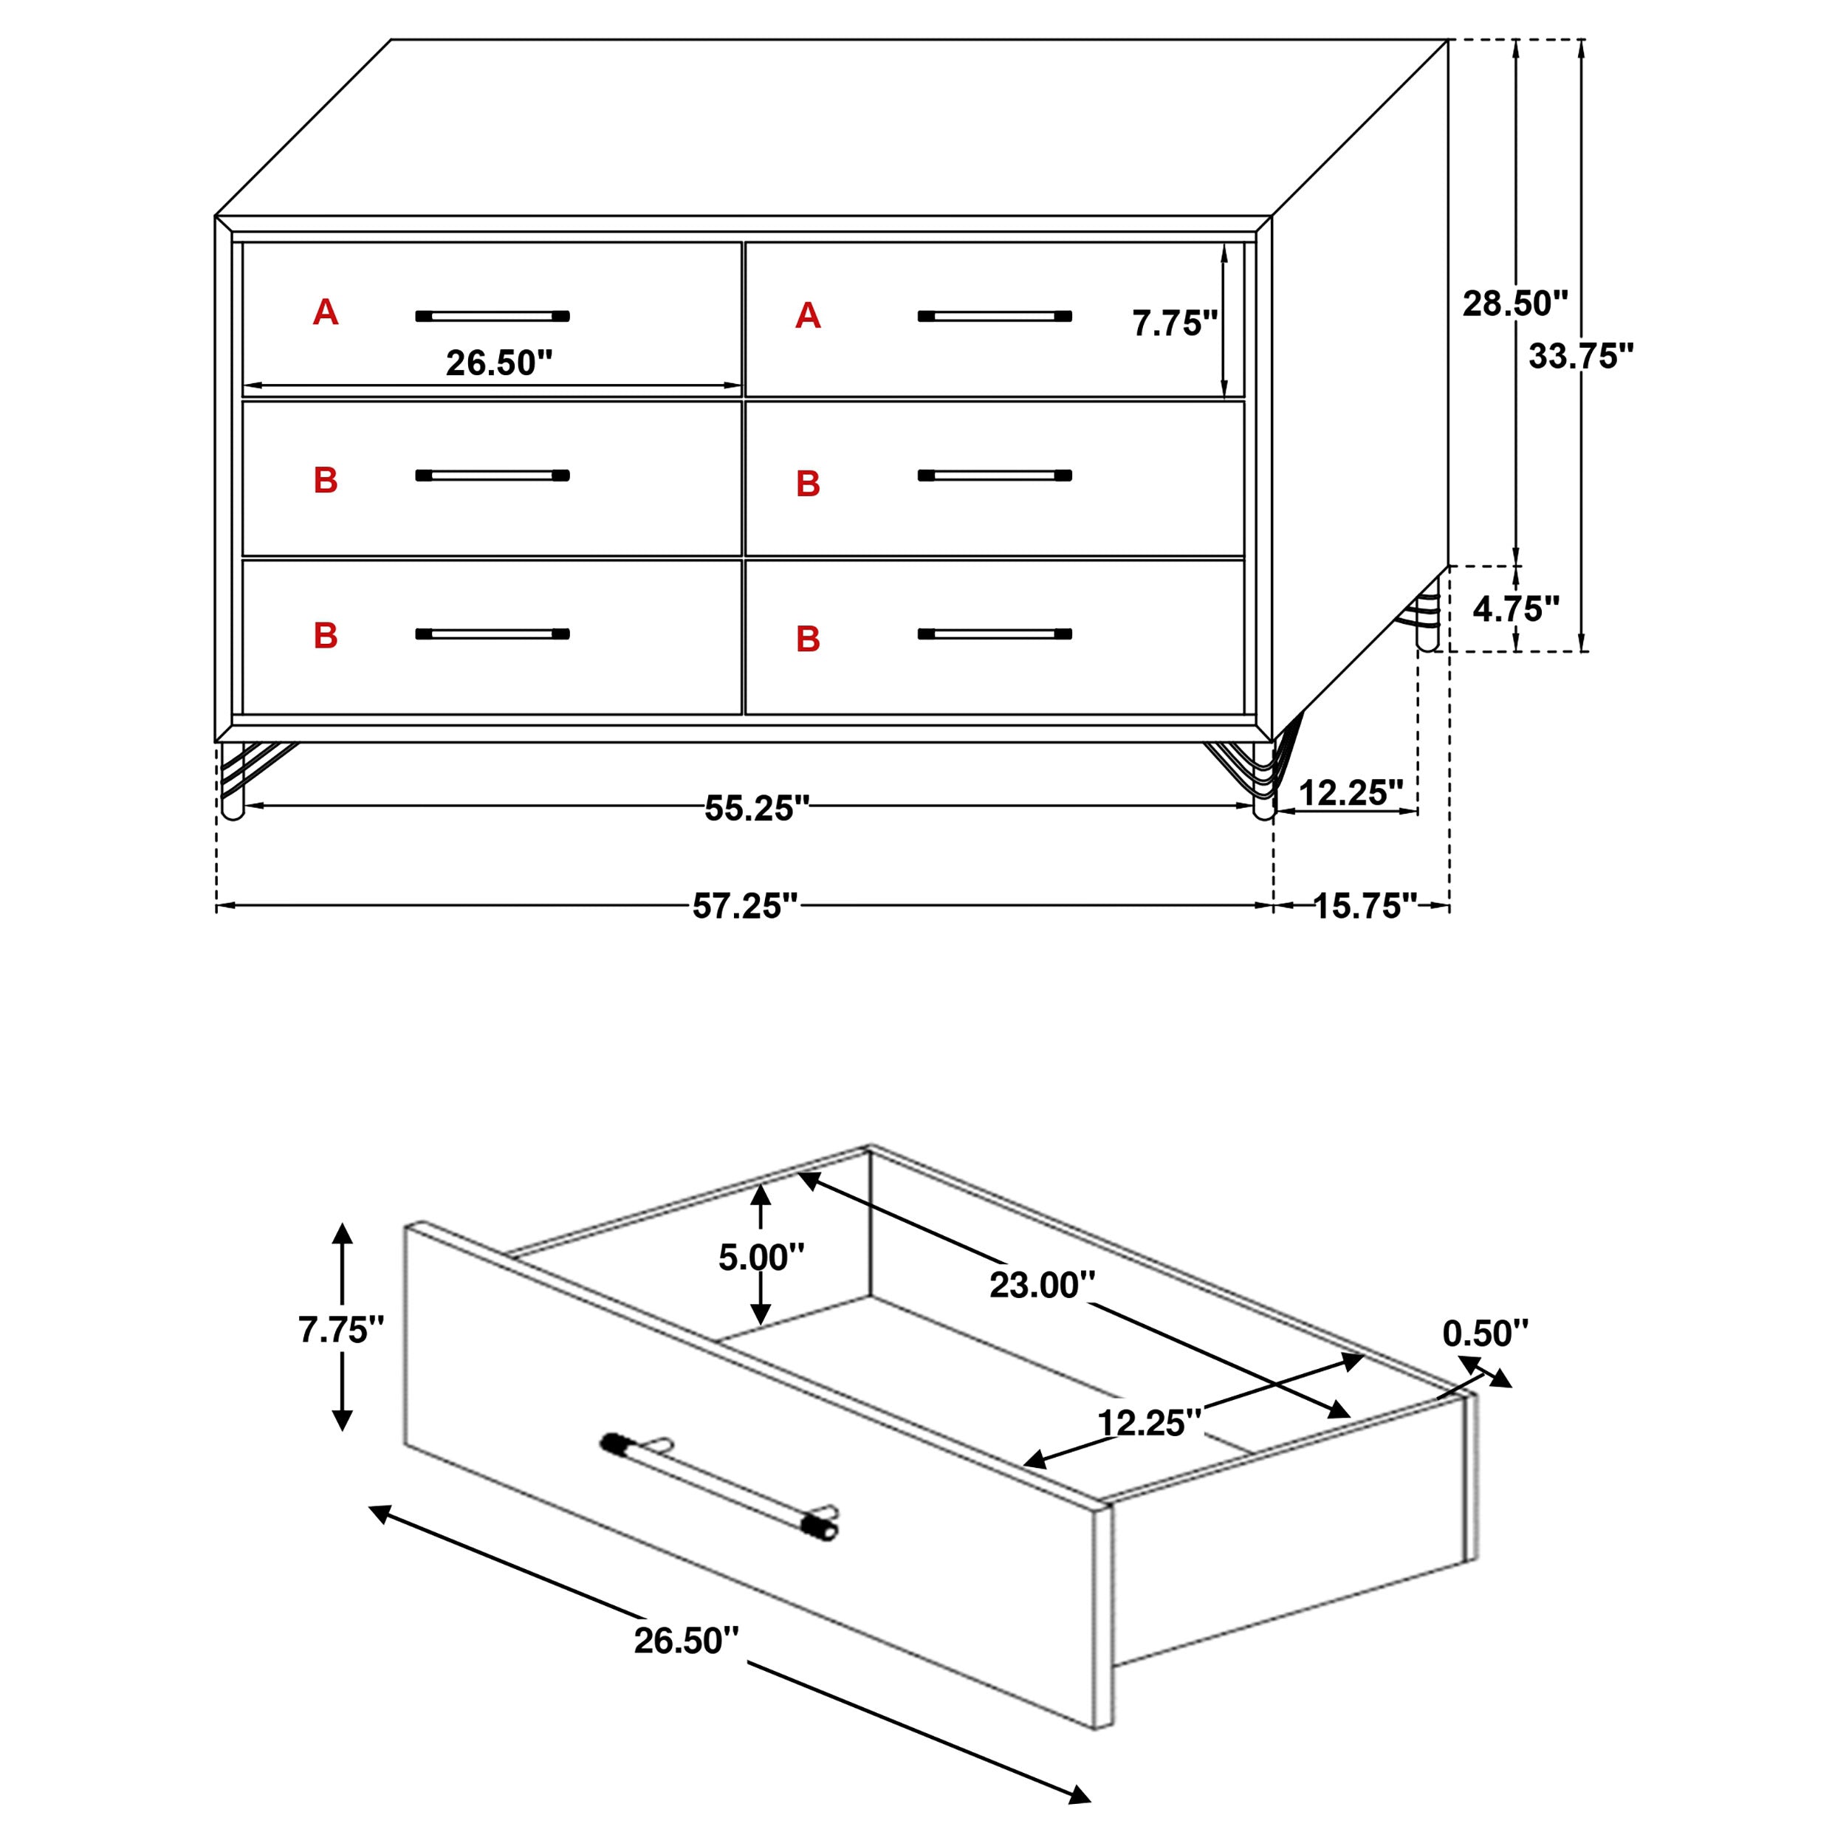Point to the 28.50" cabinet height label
[x=1514, y=303]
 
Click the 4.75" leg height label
[x=1515, y=608]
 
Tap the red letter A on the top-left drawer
[x=325, y=312]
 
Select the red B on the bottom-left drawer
[x=325, y=636]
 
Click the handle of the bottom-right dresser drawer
[x=994, y=634]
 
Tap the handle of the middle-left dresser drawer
[x=492, y=475]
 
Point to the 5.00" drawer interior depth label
[x=761, y=1257]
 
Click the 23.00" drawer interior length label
[x=1040, y=1285]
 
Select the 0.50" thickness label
[x=1485, y=1333]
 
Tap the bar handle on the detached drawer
[x=718, y=1485]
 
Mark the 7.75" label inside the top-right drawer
[x=1174, y=323]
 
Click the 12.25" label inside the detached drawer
[x=1147, y=1423]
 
